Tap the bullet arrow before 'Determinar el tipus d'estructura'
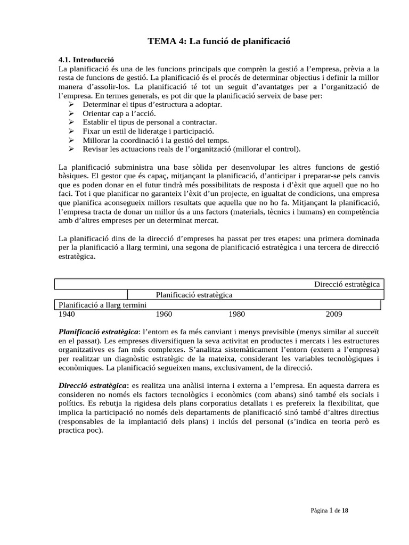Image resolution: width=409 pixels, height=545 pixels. click(x=71, y=104)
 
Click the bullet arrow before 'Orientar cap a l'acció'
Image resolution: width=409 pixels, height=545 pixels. click(x=71, y=113)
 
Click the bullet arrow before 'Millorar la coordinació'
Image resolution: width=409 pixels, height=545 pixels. click(x=71, y=140)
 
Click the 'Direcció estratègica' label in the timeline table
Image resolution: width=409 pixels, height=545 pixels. click(x=347, y=284)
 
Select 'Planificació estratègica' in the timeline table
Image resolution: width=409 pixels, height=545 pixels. click(x=194, y=294)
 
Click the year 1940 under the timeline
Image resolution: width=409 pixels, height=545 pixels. click(x=67, y=314)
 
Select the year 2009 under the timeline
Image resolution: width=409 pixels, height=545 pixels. click(x=334, y=314)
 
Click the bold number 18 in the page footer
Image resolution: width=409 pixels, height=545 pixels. click(x=345, y=510)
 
